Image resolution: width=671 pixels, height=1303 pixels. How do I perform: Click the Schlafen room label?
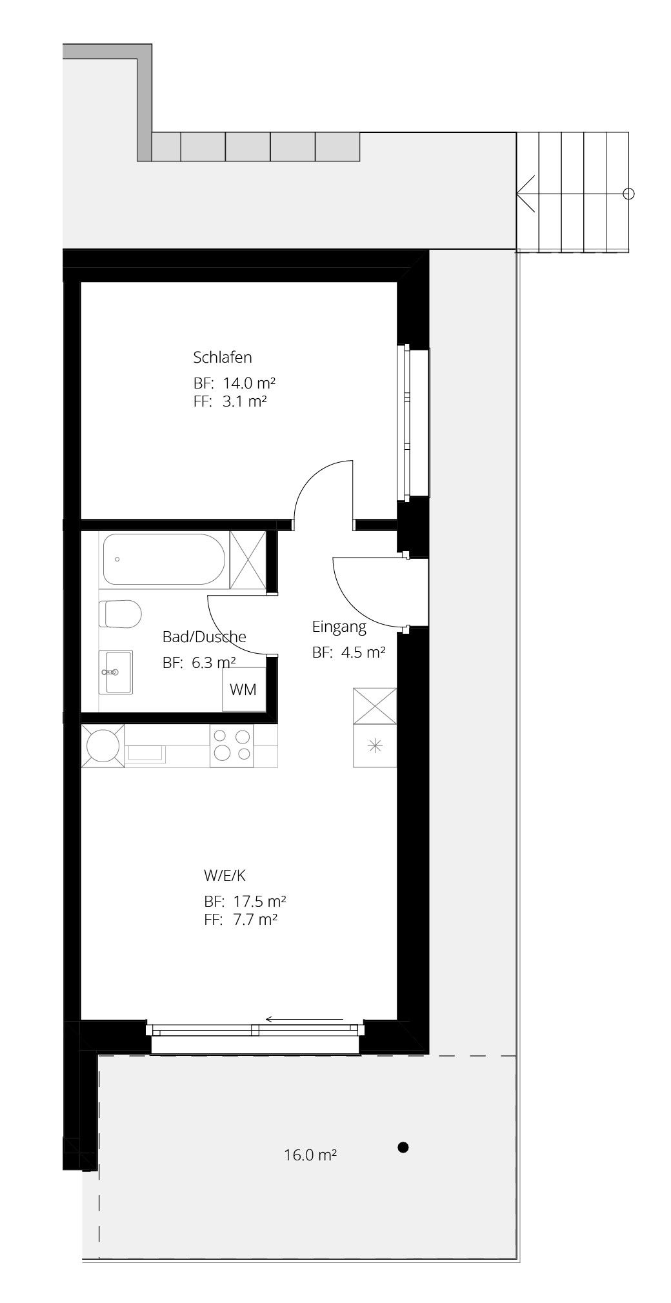222,357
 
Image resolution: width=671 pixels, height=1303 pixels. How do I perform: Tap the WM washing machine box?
243,689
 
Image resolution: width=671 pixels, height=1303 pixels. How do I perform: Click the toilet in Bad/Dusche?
120,613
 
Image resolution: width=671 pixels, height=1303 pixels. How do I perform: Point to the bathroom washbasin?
115,671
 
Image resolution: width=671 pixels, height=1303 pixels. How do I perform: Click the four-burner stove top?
232,745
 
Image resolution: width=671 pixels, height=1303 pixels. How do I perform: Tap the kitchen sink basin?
146,753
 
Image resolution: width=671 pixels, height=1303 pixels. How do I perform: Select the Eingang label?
339,627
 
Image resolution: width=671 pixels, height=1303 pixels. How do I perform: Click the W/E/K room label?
225,876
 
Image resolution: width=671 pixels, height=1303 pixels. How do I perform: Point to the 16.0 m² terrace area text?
310,1155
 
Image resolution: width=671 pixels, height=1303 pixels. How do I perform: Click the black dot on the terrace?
403,1147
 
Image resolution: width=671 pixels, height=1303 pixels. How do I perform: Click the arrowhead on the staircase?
525,193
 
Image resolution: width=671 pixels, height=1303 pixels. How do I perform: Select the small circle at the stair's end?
630,193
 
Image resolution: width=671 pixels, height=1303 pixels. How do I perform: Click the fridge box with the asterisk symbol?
374,746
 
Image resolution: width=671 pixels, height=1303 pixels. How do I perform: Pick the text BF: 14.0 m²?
235,382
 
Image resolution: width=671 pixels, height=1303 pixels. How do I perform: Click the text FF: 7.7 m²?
241,920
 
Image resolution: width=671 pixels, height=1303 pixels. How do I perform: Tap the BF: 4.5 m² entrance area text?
349,652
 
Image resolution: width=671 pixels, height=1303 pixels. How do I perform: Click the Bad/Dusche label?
204,637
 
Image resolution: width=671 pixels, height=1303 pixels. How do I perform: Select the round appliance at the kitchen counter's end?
103,745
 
